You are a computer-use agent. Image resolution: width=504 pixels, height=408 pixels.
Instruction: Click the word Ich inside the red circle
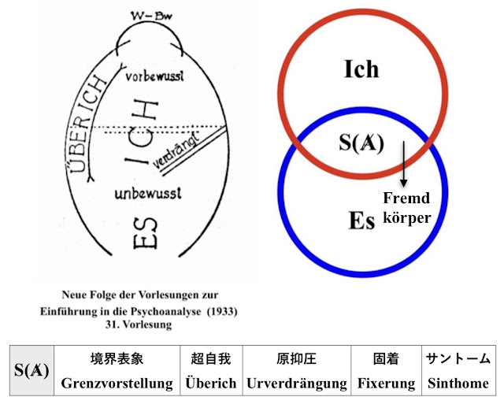click(x=361, y=69)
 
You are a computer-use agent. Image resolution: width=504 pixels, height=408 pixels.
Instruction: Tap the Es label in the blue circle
click(x=361, y=220)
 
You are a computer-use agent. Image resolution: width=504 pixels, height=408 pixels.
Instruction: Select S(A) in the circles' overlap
click(x=361, y=143)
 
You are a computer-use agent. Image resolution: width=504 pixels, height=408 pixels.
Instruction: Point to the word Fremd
click(x=405, y=197)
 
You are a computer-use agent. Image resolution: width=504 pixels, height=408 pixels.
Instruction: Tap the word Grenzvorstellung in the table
click(x=117, y=384)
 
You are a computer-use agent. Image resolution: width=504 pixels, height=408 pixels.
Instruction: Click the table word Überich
click(x=211, y=384)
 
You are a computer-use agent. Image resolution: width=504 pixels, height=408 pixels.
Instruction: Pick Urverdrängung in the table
click(x=297, y=384)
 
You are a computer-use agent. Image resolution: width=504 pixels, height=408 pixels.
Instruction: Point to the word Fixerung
click(x=386, y=384)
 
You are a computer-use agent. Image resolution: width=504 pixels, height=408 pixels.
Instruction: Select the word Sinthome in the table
click(x=458, y=384)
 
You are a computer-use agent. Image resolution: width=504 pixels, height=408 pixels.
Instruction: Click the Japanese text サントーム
click(x=458, y=359)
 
